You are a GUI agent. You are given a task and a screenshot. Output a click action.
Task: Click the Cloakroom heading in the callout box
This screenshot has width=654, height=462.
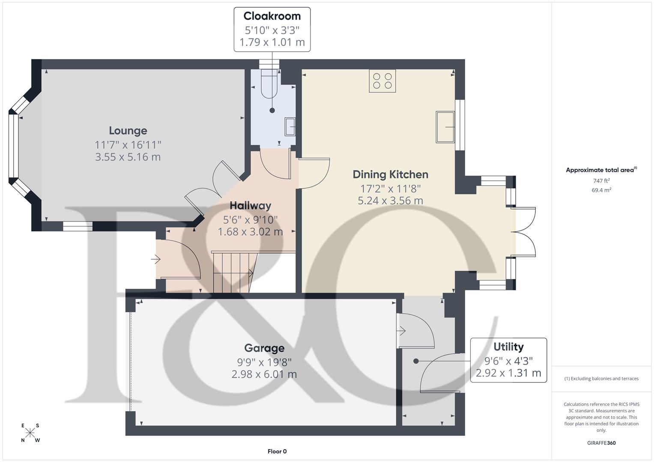(x=272, y=16)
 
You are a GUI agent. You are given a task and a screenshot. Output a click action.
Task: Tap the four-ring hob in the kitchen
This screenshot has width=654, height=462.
(x=382, y=81)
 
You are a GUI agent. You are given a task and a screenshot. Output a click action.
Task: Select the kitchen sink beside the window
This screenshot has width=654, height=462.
(x=445, y=127)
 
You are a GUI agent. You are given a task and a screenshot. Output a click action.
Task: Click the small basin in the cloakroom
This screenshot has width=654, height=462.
(x=290, y=126)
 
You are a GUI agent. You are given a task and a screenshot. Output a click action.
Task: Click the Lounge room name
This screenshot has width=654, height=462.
(x=128, y=130)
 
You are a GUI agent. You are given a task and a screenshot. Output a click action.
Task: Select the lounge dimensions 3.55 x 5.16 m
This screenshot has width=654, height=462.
(x=128, y=157)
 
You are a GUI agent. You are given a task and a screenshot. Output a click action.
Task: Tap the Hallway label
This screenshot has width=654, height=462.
(x=250, y=206)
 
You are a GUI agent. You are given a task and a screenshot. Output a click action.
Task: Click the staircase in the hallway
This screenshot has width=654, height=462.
(x=233, y=272)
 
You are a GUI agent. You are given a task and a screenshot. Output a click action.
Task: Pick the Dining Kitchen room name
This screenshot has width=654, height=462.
(x=390, y=175)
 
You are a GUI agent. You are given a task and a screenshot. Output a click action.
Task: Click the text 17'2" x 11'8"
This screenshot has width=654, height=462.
(x=390, y=188)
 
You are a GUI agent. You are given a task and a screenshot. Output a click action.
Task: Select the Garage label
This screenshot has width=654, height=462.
(x=264, y=348)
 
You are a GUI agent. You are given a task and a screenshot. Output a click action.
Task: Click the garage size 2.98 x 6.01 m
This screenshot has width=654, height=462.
(x=264, y=374)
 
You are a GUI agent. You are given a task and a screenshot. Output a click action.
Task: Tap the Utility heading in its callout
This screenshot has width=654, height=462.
(x=508, y=347)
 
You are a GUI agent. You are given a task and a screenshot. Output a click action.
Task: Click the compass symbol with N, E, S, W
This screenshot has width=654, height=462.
(x=30, y=433)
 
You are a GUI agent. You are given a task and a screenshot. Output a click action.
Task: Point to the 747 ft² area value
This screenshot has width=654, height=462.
(x=601, y=181)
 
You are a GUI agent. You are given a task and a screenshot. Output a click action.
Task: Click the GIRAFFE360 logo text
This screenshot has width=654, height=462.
(x=601, y=443)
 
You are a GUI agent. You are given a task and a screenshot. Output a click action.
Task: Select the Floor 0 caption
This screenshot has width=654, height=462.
(x=277, y=451)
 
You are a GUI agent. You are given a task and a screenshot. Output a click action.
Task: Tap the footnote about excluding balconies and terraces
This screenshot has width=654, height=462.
(x=601, y=379)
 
